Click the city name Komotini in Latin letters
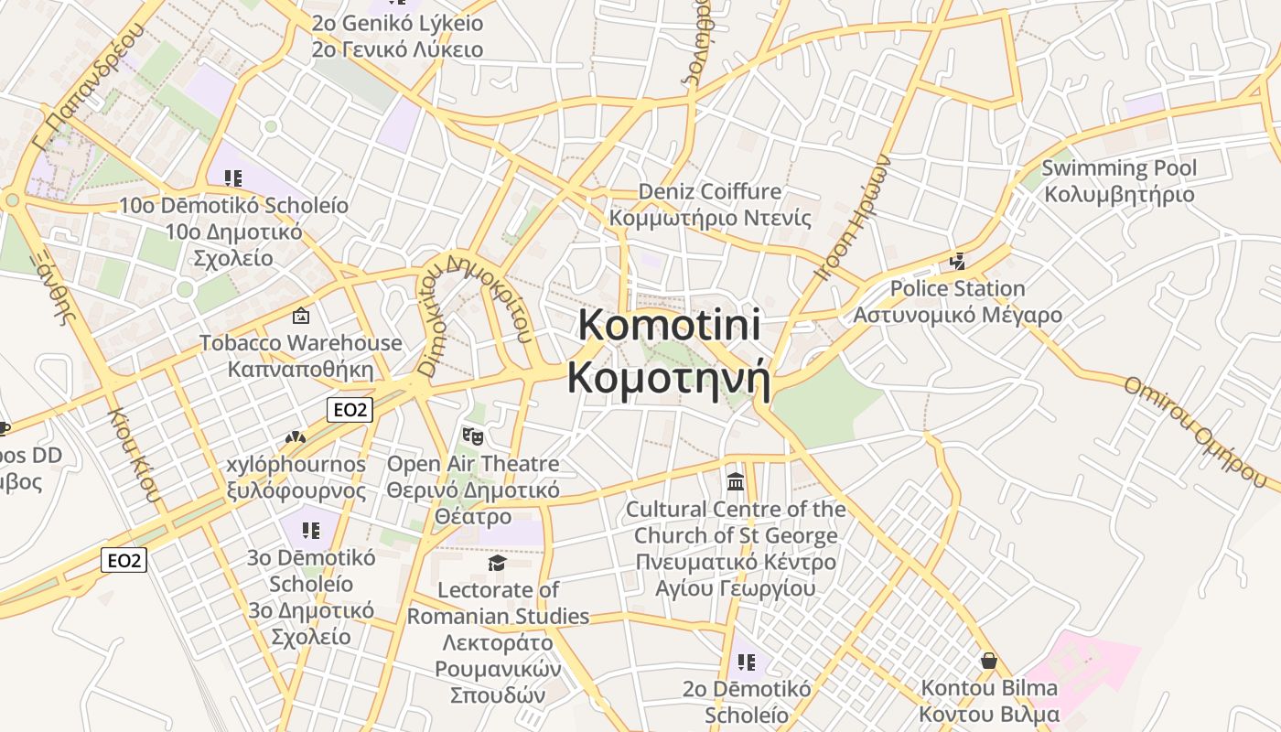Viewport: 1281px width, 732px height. [x=669, y=326]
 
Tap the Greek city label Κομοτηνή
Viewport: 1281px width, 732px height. [x=669, y=377]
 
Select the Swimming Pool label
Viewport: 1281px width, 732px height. [x=1118, y=168]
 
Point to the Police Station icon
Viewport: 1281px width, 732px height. [x=957, y=262]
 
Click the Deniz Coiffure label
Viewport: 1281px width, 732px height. [x=710, y=192]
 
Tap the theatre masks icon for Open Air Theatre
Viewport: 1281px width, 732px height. [x=472, y=436]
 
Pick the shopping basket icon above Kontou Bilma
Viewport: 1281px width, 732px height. [x=988, y=660]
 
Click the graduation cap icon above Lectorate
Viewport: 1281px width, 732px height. [x=497, y=563]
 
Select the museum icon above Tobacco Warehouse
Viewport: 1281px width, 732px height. [x=300, y=317]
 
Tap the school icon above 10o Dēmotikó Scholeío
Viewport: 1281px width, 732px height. [x=233, y=178]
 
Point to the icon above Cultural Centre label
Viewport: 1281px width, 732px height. [x=735, y=481]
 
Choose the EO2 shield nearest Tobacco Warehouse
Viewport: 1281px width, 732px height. [x=350, y=410]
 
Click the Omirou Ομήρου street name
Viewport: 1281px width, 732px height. [x=1200, y=429]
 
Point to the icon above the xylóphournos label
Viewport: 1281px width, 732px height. [x=295, y=438]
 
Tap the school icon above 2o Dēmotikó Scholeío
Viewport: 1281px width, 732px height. [x=747, y=662]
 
